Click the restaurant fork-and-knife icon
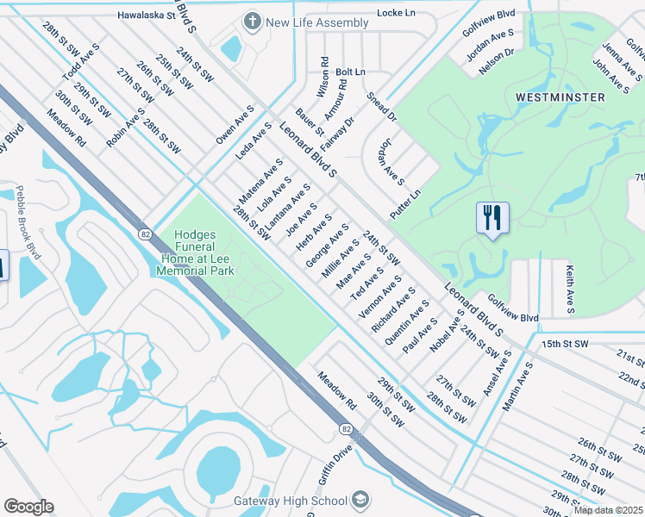click(x=492, y=218)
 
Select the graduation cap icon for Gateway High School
click(x=360, y=501)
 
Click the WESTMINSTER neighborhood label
click(x=560, y=97)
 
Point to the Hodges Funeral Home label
click(x=196, y=252)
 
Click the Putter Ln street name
click(x=404, y=203)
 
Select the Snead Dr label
click(x=381, y=106)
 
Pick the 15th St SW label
click(x=565, y=344)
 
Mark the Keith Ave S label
click(x=571, y=289)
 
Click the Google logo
click(x=28, y=507)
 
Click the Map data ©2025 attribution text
click(x=607, y=510)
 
